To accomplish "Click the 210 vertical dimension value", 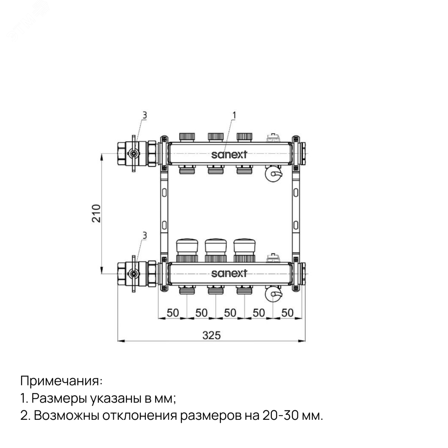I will click(97, 213).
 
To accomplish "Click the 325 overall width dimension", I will click(211, 335).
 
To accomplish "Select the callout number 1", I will click(234, 115).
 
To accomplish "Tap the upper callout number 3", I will click(144, 115).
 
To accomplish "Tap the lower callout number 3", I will click(144, 236).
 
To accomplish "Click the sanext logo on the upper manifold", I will click(229, 155).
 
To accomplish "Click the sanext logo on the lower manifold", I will click(229, 273).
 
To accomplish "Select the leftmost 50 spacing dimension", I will click(173, 313).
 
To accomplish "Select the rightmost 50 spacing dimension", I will click(287, 313).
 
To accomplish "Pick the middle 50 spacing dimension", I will click(230, 313).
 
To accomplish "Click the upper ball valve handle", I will click(134, 153).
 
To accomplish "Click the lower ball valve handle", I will click(134, 273).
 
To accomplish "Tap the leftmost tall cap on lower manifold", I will click(187, 247).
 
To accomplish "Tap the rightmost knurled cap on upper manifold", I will click(245, 137).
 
